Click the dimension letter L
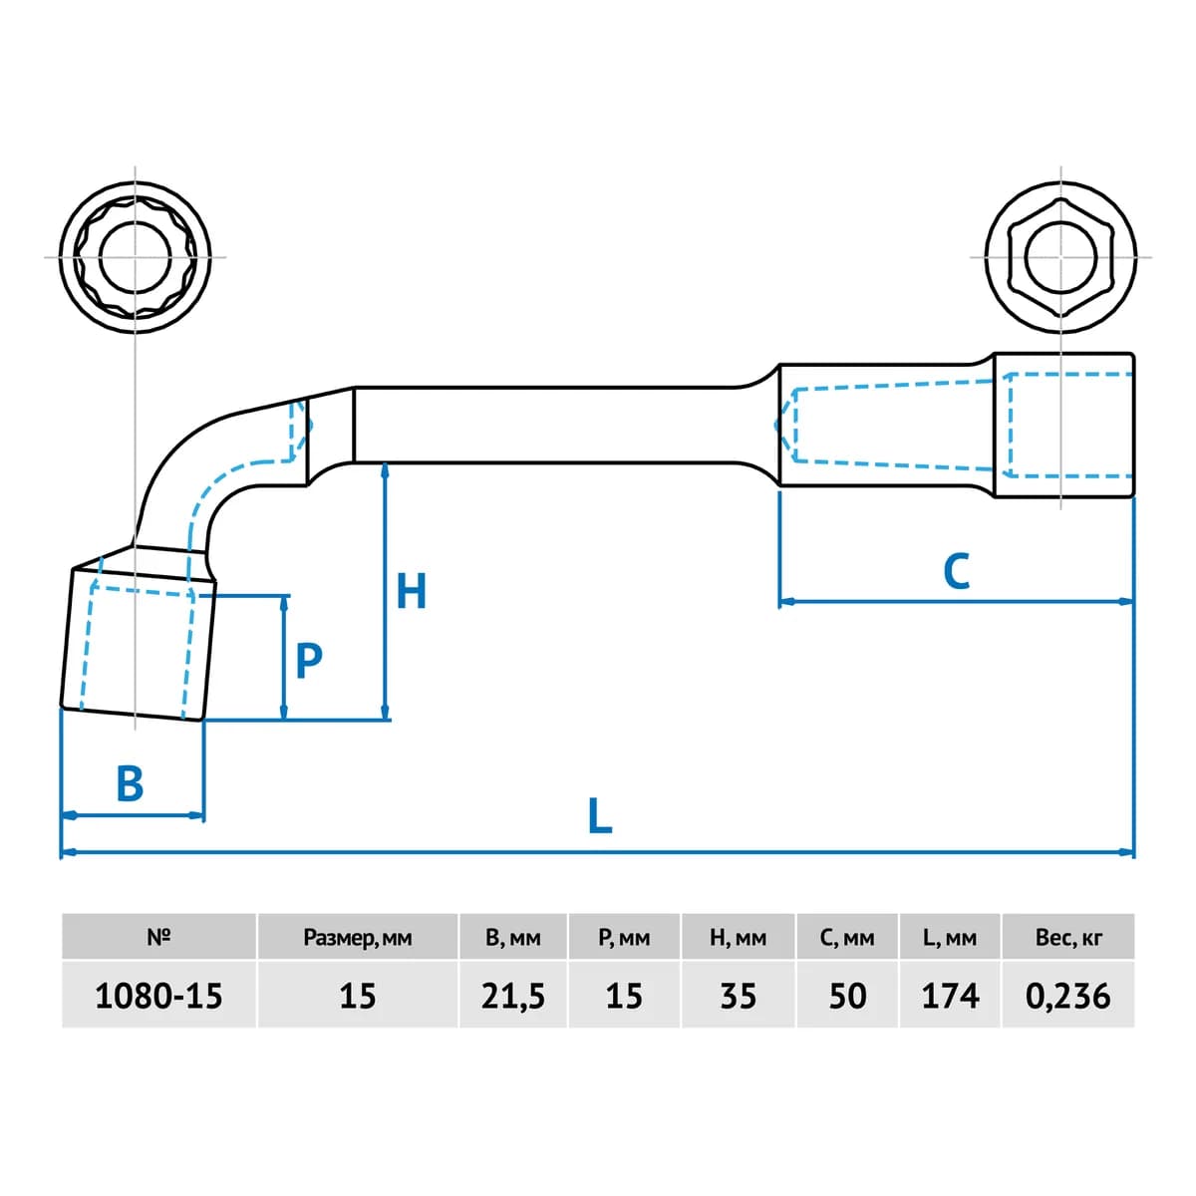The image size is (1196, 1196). click(600, 815)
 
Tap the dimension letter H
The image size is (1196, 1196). click(411, 591)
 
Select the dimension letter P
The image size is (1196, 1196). click(308, 661)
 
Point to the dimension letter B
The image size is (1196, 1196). click(130, 782)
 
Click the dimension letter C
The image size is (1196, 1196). click(957, 571)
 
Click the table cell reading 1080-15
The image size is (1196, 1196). click(158, 996)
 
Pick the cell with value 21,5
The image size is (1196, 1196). click(512, 996)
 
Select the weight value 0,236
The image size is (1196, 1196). click(1067, 996)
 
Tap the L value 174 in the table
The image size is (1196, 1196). click(950, 996)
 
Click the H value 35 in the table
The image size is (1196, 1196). click(739, 996)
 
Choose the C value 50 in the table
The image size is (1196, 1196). click(848, 996)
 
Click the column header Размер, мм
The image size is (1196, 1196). click(358, 938)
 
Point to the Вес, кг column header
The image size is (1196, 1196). click(1068, 938)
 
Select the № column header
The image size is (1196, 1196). click(158, 937)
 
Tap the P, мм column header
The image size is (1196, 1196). click(624, 938)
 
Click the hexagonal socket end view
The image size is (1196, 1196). click(1060, 257)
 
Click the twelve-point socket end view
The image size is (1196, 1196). click(136, 257)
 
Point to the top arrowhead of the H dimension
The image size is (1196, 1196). click(386, 471)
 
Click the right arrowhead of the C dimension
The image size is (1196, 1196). click(1126, 601)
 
